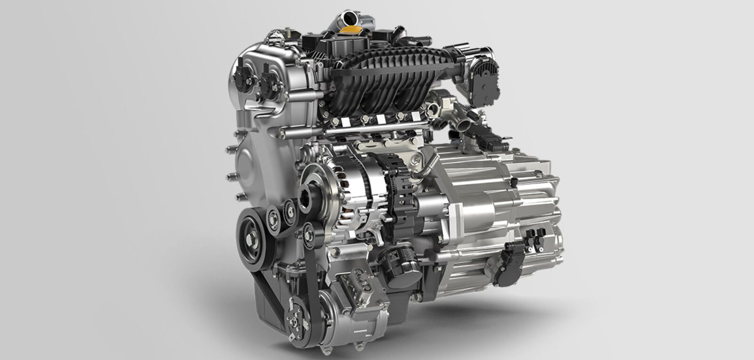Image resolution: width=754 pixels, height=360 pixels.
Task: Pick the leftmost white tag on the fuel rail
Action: pyautogui.click(x=345, y=122)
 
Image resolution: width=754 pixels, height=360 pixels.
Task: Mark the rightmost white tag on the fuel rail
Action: pyautogui.click(x=415, y=116)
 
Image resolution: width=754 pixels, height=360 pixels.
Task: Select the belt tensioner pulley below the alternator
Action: pyautogui.click(x=309, y=234)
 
